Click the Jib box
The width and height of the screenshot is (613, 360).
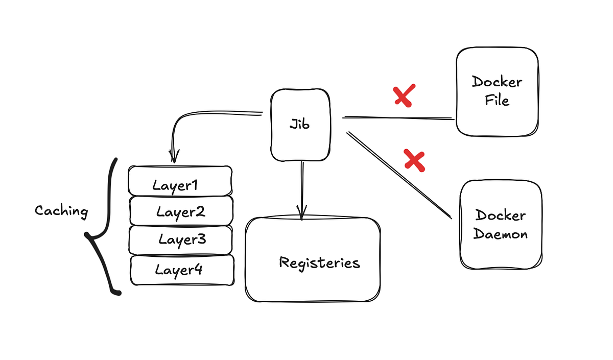(x=299, y=125)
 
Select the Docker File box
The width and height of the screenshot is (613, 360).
(x=497, y=92)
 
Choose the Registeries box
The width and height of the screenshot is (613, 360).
(x=313, y=259)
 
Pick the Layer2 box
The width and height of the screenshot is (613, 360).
(x=181, y=210)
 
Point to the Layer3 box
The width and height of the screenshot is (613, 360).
(x=181, y=239)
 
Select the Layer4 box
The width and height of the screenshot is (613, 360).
(x=182, y=270)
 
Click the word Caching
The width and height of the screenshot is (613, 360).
(x=61, y=210)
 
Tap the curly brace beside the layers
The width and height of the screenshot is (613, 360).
(x=105, y=230)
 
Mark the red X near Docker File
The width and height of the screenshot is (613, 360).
(x=404, y=96)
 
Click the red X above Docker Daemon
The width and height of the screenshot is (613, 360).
(x=414, y=160)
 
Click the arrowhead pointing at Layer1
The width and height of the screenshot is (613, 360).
(x=174, y=156)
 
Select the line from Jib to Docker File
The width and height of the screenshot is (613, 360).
(x=398, y=118)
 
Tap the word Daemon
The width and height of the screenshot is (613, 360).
(x=500, y=234)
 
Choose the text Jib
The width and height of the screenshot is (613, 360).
(x=299, y=124)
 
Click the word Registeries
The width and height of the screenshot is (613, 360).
(x=319, y=263)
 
